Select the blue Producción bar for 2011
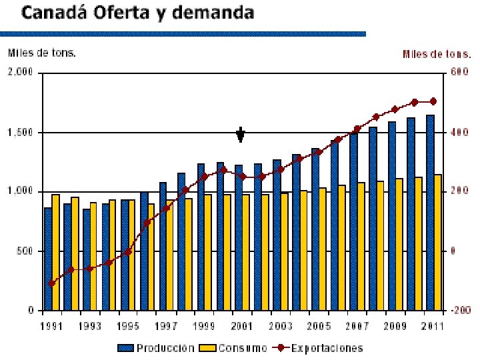[x=431, y=212]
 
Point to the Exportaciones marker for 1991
[x=51, y=283]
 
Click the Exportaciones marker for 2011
[x=433, y=101]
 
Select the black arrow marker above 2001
[x=241, y=135]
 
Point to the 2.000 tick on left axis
[x=20, y=73]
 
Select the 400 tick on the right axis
[x=460, y=133]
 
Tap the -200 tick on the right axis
[x=460, y=311]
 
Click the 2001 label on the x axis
[x=242, y=327]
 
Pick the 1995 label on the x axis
[x=127, y=327]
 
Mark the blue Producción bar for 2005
[x=316, y=229]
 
